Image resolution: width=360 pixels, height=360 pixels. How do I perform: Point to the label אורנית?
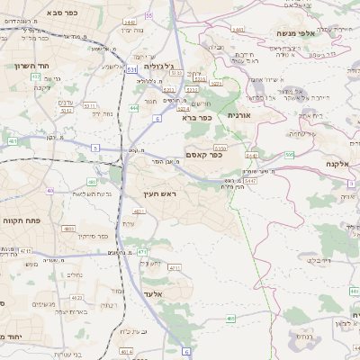coord(241,115)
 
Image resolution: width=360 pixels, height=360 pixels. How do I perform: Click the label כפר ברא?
coord(195,117)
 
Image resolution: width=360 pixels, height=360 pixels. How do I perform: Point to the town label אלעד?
coord(152,294)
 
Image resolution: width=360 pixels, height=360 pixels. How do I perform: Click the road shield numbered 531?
coord(131,68)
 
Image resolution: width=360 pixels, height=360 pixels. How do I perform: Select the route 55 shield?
coord(148,15)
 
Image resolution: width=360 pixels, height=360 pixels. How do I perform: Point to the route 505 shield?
coord(289,155)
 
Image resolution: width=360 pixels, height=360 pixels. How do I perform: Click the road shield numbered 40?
coord(50,191)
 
